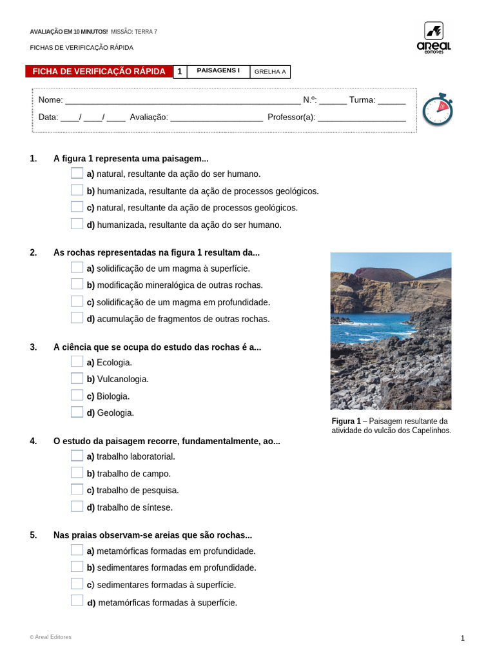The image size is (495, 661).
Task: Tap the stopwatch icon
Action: pyautogui.click(x=438, y=110)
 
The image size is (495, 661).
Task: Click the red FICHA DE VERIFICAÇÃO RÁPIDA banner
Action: pyautogui.click(x=99, y=72)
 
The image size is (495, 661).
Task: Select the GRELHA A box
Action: pyautogui.click(x=269, y=72)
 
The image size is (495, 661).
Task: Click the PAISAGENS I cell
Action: pyautogui.click(x=218, y=71)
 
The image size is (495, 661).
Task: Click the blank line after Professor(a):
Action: pyautogui.click(x=362, y=118)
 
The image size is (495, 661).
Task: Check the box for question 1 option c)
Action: pyautogui.click(x=77, y=207)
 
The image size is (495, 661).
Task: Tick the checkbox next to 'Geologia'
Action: pyautogui.click(x=77, y=412)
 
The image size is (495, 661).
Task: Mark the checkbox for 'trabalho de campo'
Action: pyautogui.click(x=77, y=473)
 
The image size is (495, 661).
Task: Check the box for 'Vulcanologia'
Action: pyautogui.click(x=77, y=378)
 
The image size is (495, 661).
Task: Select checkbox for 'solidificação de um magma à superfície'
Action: pyautogui.click(x=77, y=268)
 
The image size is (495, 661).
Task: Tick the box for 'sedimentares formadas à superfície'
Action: pyautogui.click(x=77, y=584)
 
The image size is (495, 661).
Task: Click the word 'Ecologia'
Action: pyautogui.click(x=114, y=362)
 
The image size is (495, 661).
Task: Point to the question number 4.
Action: pyautogui.click(x=33, y=441)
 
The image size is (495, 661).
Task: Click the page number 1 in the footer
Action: pyautogui.click(x=462, y=638)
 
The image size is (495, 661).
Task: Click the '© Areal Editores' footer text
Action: pyautogui.click(x=51, y=637)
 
